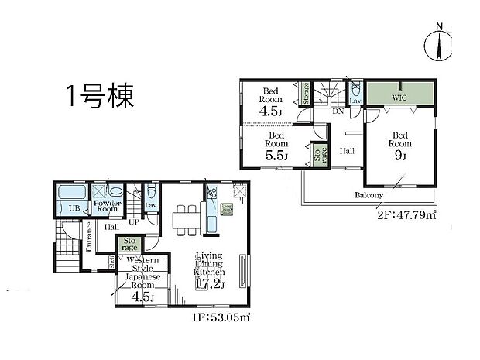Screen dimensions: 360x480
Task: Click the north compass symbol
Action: tap(439, 43)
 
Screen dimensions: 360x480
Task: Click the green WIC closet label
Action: tap(399, 98)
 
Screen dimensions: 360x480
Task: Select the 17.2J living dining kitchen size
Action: tap(209, 284)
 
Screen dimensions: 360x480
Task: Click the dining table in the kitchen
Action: tap(186, 218)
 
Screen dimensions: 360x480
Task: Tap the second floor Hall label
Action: tap(347, 150)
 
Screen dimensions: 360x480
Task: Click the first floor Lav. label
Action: tap(151, 205)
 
